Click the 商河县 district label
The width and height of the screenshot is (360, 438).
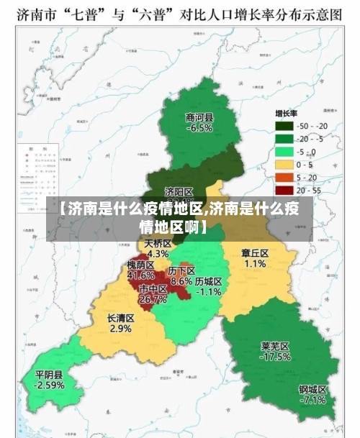point(199,118)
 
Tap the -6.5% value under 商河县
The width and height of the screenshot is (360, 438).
point(199,128)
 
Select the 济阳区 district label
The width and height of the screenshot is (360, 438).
point(179,192)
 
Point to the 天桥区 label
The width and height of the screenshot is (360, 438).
point(158,244)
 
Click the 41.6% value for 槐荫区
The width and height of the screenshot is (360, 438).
point(140,275)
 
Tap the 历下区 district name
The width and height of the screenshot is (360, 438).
point(181,271)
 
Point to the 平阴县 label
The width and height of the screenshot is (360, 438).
point(49,375)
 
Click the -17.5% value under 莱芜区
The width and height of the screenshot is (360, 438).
point(275,356)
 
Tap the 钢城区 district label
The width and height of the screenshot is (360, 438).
point(313,389)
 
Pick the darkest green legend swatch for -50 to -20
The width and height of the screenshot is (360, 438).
point(284,127)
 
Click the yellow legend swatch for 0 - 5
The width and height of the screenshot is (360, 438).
point(284,165)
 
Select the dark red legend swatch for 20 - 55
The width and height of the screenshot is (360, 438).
point(284,190)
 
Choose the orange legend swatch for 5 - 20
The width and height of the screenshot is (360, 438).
point(284,178)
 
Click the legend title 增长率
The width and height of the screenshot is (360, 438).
point(288,114)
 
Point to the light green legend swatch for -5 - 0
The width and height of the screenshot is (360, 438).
point(284,152)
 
